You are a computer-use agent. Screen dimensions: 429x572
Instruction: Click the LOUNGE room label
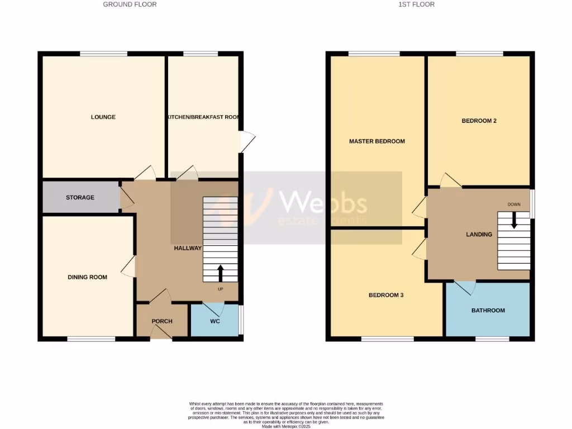pos(103,117)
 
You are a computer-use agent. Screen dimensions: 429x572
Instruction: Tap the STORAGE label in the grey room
pos(80,198)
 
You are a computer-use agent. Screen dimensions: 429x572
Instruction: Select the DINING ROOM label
pos(87,277)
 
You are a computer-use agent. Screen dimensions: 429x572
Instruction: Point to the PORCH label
pos(162,321)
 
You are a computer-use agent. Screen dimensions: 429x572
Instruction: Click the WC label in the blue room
pos(214,321)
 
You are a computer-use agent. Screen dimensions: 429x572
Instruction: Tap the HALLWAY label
pos(187,248)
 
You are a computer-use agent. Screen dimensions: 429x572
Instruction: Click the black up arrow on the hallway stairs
pos(220,273)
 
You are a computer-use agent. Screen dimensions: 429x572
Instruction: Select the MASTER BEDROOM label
pos(377,141)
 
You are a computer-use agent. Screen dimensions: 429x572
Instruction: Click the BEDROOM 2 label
pos(479,121)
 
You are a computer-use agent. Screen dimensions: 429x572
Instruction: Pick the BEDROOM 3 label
pos(386,295)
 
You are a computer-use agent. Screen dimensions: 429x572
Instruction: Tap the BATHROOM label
pos(488,311)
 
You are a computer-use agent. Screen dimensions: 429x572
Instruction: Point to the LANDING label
pos(479,235)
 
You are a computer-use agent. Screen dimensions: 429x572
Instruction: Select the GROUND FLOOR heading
pos(130,4)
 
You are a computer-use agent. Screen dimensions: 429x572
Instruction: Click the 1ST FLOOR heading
pos(416,4)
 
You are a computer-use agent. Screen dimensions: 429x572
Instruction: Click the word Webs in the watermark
pos(323,202)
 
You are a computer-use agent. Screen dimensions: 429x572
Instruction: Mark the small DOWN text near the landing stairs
pos(514,204)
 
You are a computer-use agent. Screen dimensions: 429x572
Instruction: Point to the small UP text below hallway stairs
pos(221,289)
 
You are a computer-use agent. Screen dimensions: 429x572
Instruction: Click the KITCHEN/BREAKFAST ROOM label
pos(203,117)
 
